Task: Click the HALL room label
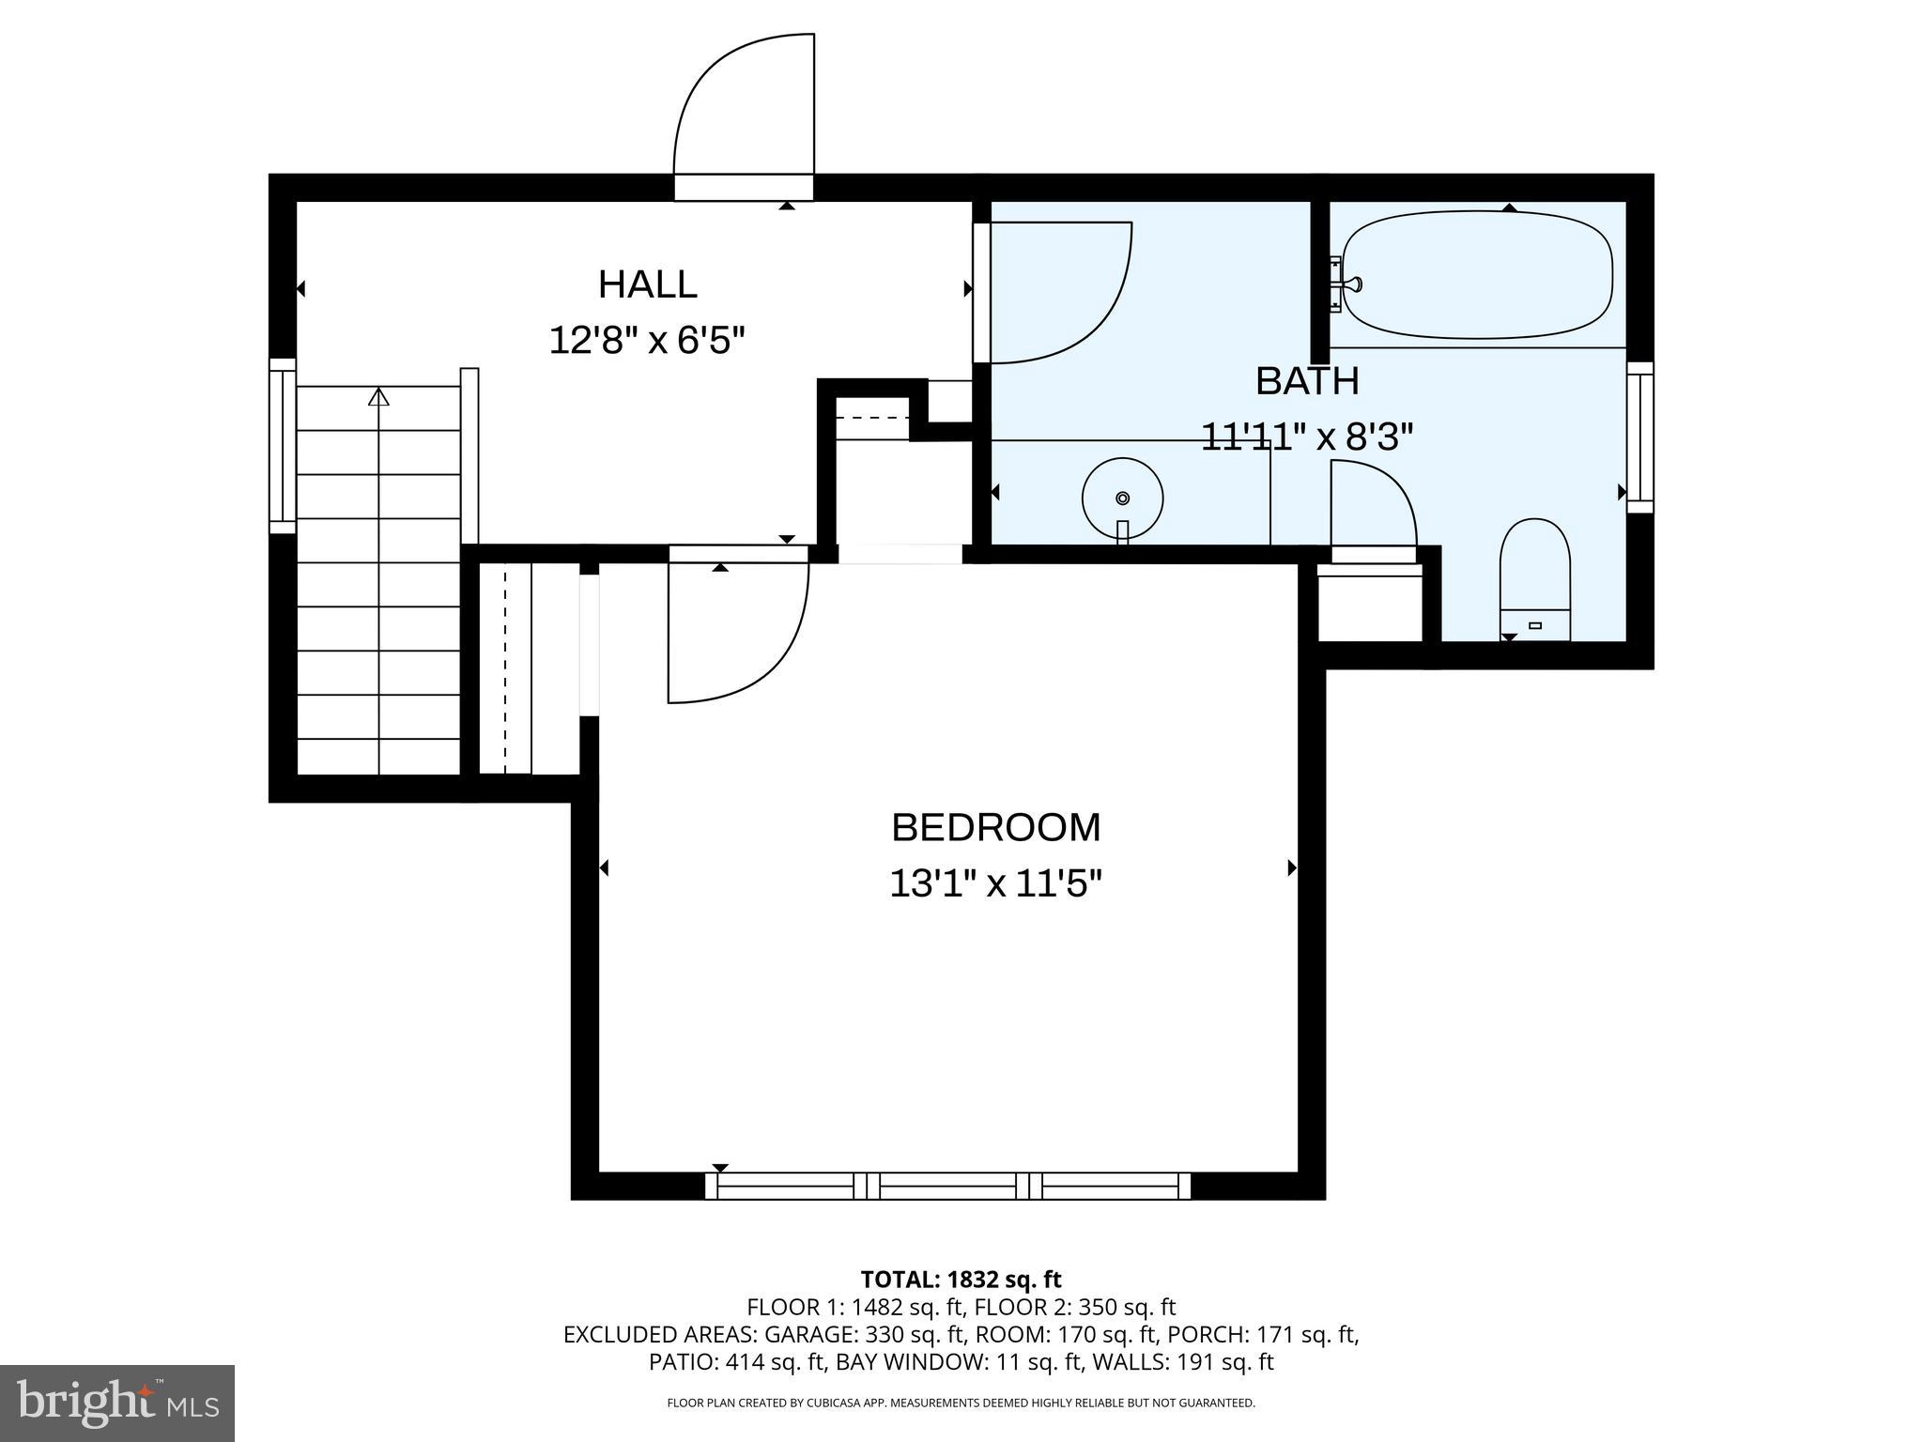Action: pos(647,284)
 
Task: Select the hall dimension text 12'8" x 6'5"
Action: pos(647,340)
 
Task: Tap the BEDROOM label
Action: pos(995,828)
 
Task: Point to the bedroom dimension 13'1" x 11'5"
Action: pos(995,883)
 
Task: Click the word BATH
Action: pos(1307,381)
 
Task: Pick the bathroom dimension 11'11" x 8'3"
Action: pos(1307,437)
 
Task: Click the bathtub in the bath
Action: pos(1477,275)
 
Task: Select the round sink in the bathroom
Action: pos(1122,499)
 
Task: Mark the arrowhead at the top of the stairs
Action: pos(378,397)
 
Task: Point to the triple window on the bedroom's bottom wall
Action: pos(947,1186)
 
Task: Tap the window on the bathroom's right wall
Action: pos(1639,437)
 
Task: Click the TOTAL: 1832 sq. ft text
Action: pos(961,1279)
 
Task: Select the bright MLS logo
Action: pos(116,1403)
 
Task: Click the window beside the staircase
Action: pos(283,446)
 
